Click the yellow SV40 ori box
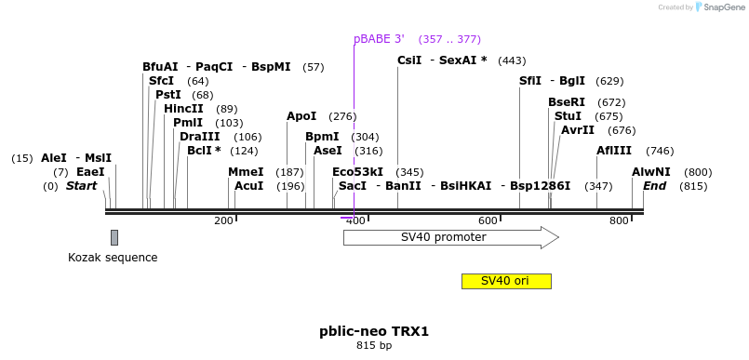(x=506, y=281)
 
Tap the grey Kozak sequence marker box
(x=114, y=237)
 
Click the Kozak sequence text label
(x=113, y=258)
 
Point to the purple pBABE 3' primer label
(x=379, y=39)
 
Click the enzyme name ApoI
(x=301, y=116)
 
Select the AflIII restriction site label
(x=614, y=151)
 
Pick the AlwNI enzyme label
(x=651, y=172)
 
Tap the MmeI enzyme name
(x=246, y=172)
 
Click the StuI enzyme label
(x=568, y=116)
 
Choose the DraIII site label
(x=200, y=137)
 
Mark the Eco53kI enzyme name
(x=357, y=172)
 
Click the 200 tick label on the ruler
(x=223, y=220)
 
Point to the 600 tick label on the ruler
(x=488, y=220)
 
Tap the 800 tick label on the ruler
(x=620, y=220)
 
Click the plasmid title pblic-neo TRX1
(x=374, y=331)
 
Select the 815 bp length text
(x=374, y=346)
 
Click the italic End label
(x=655, y=186)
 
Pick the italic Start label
(x=81, y=186)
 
